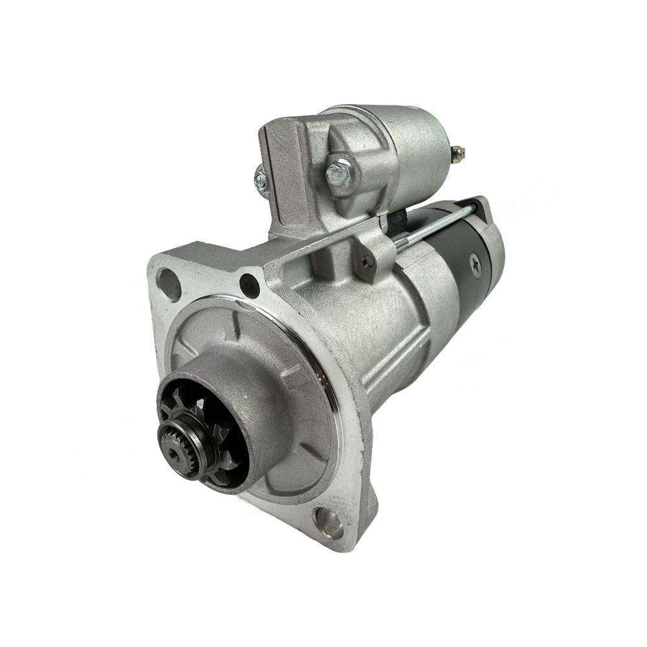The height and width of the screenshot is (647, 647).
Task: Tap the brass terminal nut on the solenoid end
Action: [459, 153]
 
